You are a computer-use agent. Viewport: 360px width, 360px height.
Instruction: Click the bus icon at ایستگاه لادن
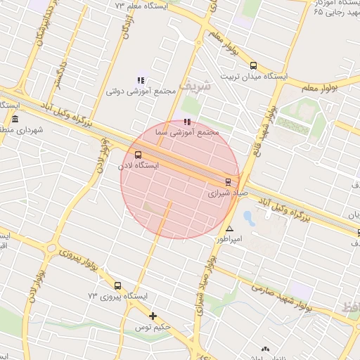tap(137, 155)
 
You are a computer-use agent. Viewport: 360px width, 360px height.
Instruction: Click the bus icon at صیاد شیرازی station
tap(227, 181)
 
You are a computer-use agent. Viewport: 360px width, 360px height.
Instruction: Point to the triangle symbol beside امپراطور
tap(229, 229)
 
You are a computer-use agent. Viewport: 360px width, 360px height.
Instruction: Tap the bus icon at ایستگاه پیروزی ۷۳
tap(117, 286)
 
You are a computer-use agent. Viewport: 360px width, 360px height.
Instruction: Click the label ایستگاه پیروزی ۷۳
tap(117, 297)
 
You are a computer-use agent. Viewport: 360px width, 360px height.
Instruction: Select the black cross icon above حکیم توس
tap(153, 316)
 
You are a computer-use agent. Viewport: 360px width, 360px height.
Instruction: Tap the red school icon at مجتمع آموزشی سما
tap(186, 122)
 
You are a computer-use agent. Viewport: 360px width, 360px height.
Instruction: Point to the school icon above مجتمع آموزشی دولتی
tap(140, 80)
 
